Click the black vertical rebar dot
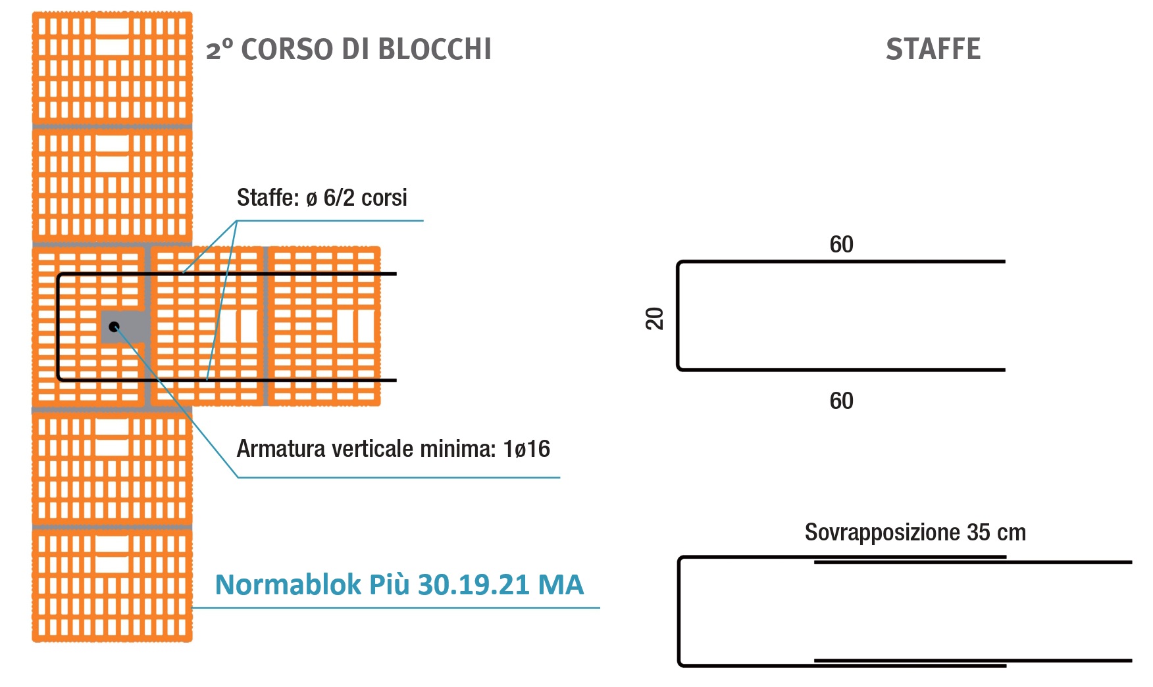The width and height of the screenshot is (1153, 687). click(114, 326)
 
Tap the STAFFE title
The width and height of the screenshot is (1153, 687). click(933, 49)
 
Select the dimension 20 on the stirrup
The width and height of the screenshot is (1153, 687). click(654, 318)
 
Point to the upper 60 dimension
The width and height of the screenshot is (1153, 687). click(841, 245)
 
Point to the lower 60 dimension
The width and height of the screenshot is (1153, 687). click(841, 401)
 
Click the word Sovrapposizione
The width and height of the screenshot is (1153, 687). click(883, 533)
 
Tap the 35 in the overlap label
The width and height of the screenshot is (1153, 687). click(979, 532)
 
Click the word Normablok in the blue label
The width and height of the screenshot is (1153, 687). click(288, 584)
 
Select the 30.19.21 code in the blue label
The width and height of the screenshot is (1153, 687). click(474, 584)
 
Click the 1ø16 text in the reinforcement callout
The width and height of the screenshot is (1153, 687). click(526, 449)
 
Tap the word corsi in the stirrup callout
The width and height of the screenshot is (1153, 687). click(384, 198)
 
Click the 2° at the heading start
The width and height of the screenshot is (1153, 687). click(220, 50)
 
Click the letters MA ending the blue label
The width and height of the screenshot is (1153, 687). click(561, 584)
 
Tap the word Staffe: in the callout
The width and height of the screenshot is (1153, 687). click(269, 198)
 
